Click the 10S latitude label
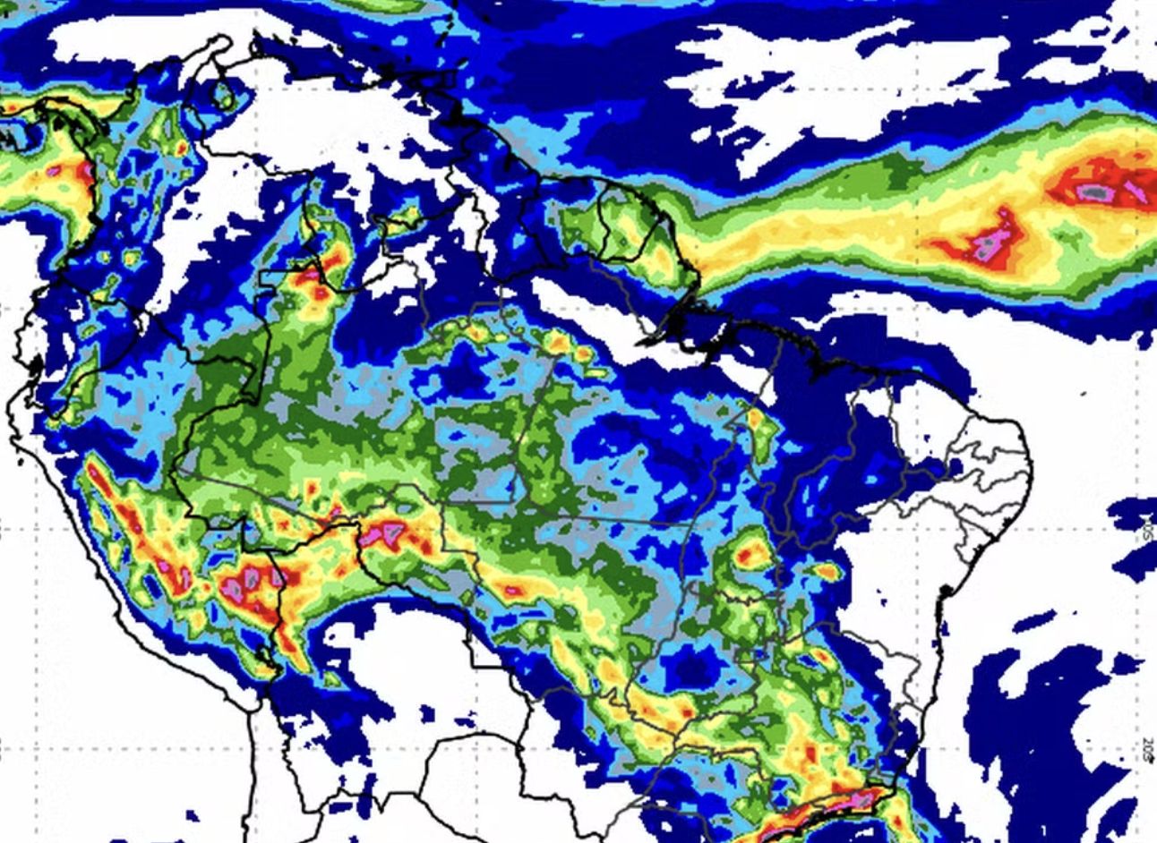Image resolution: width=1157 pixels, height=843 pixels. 1147,526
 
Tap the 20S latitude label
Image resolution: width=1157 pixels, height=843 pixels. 1147,749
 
